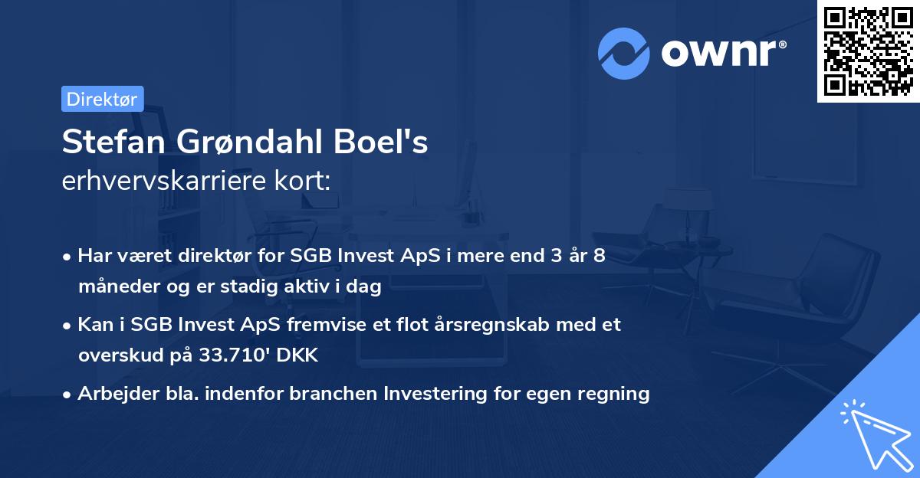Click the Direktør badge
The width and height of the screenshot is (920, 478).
click(x=102, y=99)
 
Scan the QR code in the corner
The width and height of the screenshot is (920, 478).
click(x=867, y=51)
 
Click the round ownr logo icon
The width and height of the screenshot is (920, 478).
click(x=624, y=52)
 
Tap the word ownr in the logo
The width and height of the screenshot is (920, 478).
click(x=723, y=53)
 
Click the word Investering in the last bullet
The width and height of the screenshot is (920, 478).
click(x=428, y=394)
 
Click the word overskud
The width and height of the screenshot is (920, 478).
click(x=115, y=355)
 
